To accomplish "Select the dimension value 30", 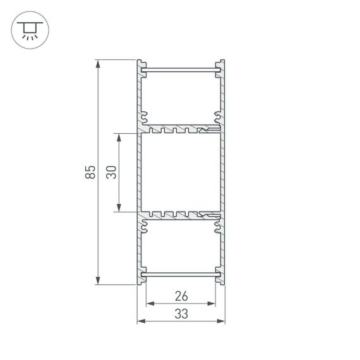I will click(111, 172).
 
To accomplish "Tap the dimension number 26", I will click(181, 296).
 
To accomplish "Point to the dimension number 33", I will click(181, 313).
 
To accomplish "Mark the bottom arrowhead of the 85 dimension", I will click(98, 281).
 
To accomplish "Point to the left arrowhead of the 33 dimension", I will click(141, 321).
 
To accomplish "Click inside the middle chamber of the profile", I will click(181, 172).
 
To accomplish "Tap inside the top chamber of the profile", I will click(181, 95).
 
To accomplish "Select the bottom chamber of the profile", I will click(181, 249).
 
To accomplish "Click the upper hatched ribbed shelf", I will click(181, 129).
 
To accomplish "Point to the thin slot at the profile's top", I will click(181, 66).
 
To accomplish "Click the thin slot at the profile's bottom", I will click(181, 277).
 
